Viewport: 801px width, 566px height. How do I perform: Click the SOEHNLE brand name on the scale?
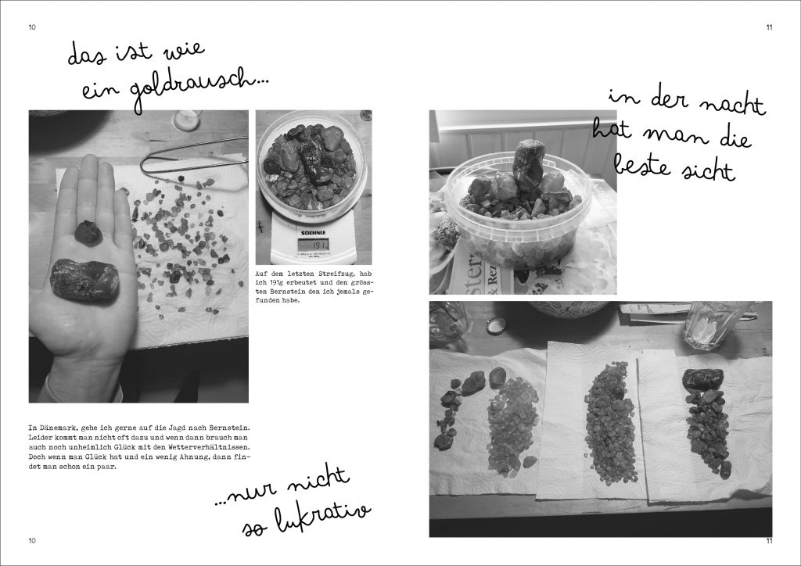pos(313,233)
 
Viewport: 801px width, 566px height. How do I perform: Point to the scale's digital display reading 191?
pos(313,245)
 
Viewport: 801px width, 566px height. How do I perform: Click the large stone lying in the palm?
pos(84,278)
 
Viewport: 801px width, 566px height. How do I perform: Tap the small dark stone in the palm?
pos(88,233)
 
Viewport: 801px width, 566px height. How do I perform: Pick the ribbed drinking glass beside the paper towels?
pos(713,325)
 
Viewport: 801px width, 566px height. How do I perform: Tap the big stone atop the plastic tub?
pos(528,164)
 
